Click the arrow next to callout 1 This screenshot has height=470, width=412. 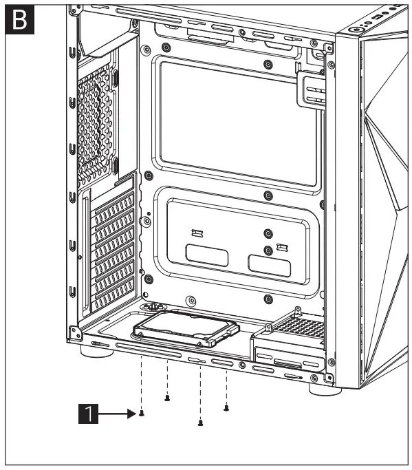[118, 414]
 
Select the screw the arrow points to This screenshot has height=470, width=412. [141, 414]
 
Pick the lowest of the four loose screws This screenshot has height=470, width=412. [200, 423]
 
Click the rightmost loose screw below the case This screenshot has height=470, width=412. [226, 407]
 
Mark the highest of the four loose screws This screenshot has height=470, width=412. [167, 398]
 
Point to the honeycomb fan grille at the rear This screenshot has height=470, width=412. [94, 124]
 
